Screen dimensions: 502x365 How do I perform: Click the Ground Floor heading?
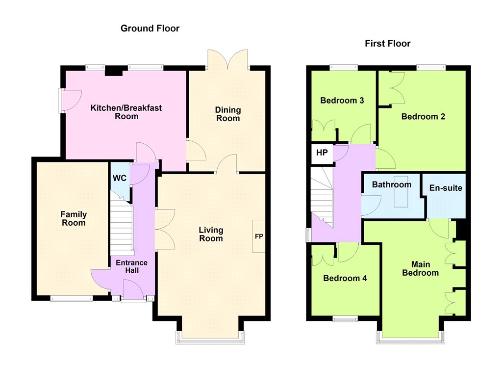point(150,28)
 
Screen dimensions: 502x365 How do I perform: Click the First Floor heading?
point(387,43)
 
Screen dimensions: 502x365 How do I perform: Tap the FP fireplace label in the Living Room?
point(259,236)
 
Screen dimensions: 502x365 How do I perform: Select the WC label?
point(120,178)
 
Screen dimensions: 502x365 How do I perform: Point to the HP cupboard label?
point(322,153)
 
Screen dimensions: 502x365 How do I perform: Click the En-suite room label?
point(446,188)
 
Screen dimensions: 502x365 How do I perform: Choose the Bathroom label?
point(392,184)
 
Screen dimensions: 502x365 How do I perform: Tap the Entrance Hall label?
point(131,266)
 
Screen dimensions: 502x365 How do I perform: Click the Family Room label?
point(74,218)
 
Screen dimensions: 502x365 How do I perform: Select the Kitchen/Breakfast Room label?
point(126,112)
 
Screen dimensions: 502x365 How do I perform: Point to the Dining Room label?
point(227,114)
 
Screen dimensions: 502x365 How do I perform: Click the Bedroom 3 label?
point(342,100)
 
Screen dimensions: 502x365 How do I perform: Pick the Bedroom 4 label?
point(345,278)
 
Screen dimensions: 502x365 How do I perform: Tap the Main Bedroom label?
point(420,268)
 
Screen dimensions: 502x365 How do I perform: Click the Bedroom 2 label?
point(423,116)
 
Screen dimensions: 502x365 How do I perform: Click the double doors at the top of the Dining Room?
point(227,59)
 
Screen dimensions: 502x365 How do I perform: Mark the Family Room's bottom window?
point(72,299)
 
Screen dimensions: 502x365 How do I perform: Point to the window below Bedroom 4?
point(345,319)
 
